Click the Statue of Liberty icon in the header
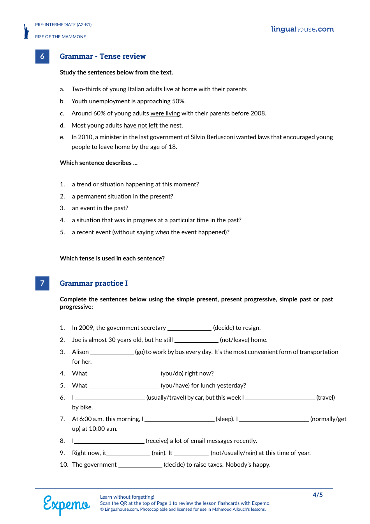point(26,31)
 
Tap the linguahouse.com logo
point(302,29)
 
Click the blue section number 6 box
point(42,57)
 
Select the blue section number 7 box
point(42,283)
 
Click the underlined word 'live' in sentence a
point(168,89)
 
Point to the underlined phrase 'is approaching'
point(151,101)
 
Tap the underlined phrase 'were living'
point(165,113)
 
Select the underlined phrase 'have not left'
point(141,126)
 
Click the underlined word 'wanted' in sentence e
point(246,137)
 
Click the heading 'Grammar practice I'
point(93,283)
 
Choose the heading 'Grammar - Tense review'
point(103,57)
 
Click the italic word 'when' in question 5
point(162,232)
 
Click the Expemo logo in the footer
point(66,505)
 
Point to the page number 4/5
point(317,495)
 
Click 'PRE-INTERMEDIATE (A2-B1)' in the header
point(63,25)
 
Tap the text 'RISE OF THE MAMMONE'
point(60,37)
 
